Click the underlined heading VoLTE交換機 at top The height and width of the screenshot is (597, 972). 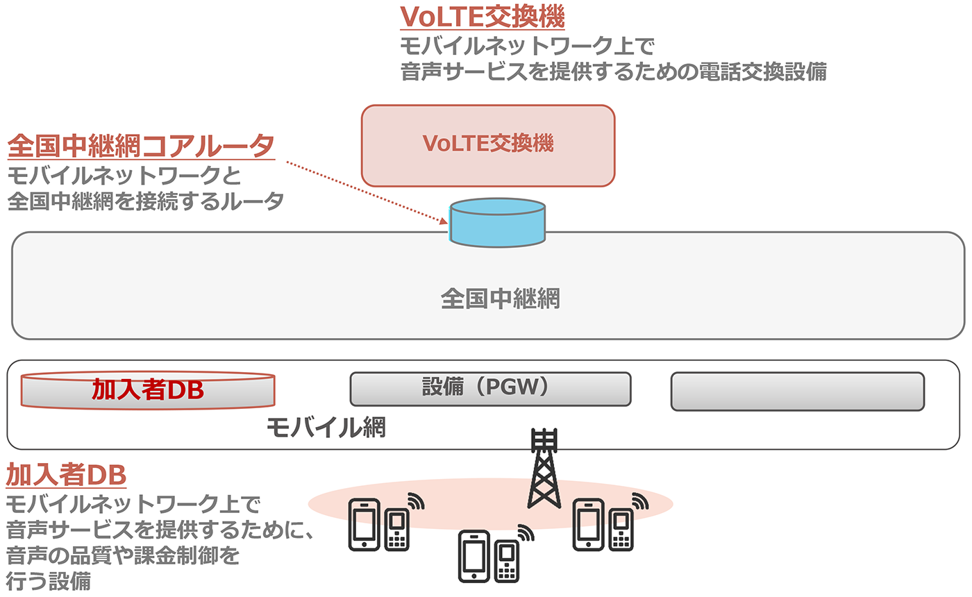[483, 17]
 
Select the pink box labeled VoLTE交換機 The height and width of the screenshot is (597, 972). [488, 146]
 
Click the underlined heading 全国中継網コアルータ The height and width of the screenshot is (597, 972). [141, 147]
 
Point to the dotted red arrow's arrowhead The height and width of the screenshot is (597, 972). [444, 222]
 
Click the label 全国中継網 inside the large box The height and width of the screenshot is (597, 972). [500, 299]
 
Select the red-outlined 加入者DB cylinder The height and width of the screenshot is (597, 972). [147, 390]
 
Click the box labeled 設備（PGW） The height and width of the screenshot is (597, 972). [490, 389]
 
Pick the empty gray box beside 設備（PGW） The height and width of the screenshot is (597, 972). [797, 391]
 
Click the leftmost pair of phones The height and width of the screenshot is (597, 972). [379, 524]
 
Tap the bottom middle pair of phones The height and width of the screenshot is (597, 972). [489, 555]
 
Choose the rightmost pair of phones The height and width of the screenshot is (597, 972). [602, 524]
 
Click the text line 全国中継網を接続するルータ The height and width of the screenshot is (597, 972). [146, 201]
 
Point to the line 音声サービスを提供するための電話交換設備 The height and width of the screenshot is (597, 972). [614, 72]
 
